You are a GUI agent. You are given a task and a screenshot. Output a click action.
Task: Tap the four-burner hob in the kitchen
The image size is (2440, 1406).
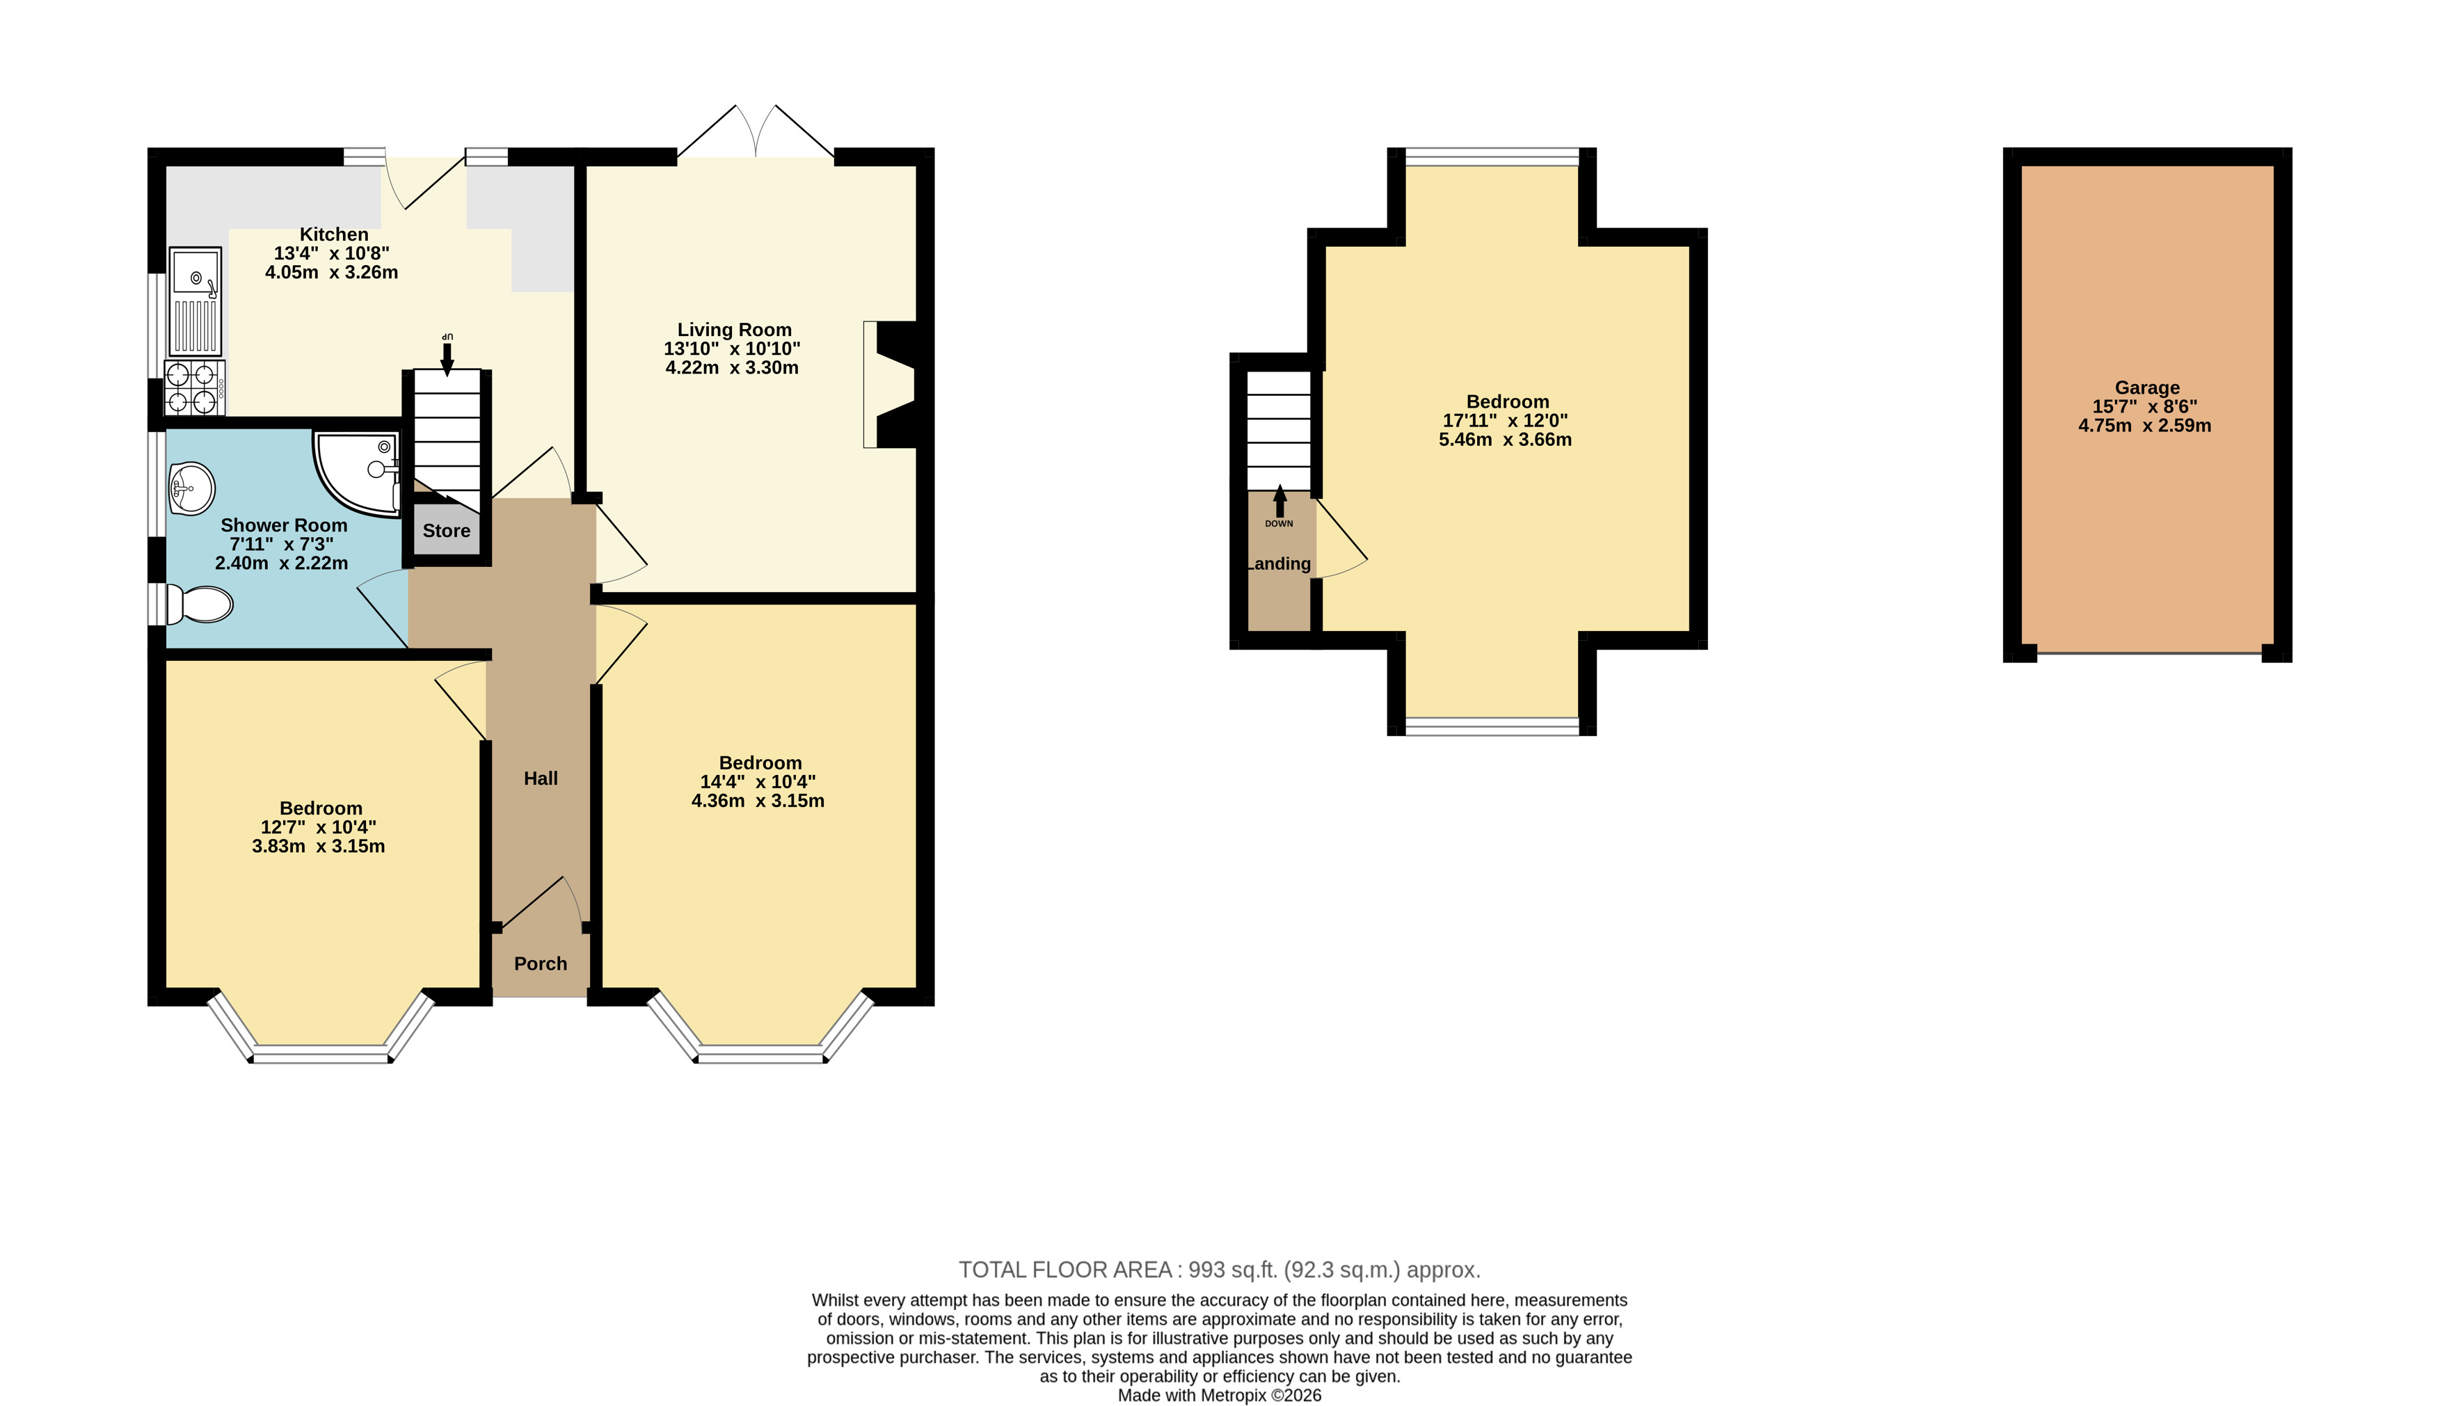point(195,388)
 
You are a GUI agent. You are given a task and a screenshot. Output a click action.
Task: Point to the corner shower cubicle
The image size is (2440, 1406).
point(356,471)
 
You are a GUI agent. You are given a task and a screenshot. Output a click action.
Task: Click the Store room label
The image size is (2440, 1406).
point(446,530)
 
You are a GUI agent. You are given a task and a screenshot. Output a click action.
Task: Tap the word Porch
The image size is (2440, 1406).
point(541,964)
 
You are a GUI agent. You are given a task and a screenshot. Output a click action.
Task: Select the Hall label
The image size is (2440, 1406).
point(541,778)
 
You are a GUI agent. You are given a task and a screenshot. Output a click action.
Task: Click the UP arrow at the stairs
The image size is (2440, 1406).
point(446,353)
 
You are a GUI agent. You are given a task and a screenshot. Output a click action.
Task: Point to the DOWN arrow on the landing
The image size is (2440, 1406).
point(1279,502)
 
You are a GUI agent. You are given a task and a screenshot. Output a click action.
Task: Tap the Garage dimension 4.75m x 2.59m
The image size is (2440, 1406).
point(2144,426)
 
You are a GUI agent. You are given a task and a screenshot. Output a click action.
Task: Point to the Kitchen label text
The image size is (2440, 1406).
point(334,234)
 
